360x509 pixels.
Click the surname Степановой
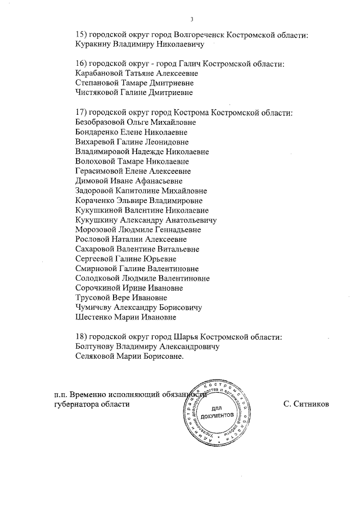click(x=95, y=82)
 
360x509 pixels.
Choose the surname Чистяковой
click(x=95, y=92)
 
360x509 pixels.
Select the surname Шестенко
click(x=93, y=317)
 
